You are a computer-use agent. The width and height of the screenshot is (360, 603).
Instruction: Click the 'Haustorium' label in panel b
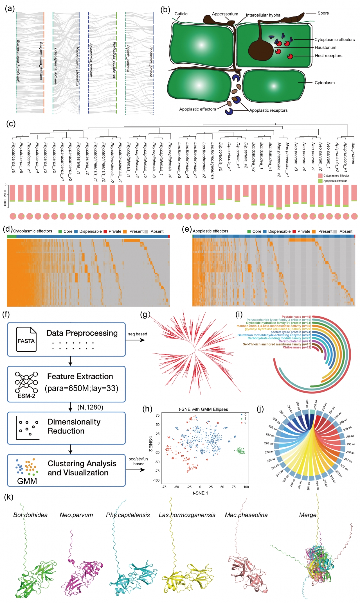tap(325, 48)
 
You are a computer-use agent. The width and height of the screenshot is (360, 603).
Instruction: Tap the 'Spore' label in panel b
tap(323, 13)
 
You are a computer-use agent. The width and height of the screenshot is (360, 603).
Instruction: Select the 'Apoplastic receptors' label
tap(268, 110)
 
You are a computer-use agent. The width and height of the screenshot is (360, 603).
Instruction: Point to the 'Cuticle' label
tap(181, 14)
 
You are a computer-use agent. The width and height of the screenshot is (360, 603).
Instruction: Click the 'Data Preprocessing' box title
tap(82, 333)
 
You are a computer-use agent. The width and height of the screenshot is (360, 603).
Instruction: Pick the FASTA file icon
tap(26, 339)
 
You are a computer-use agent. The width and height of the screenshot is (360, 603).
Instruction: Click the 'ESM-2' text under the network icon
tap(26, 396)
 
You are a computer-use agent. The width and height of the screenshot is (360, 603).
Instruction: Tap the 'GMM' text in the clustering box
tap(27, 481)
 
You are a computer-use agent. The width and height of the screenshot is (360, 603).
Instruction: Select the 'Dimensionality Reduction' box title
tap(74, 426)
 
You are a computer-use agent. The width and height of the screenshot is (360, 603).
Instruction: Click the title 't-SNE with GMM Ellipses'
tap(203, 409)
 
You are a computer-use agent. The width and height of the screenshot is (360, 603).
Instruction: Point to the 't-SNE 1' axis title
tap(200, 493)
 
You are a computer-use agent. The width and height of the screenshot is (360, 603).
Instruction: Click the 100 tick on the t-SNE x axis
tap(246, 487)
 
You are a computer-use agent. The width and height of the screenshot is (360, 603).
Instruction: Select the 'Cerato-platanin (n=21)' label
tap(294, 341)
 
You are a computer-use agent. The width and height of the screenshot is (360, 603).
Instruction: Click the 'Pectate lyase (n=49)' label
tap(296, 317)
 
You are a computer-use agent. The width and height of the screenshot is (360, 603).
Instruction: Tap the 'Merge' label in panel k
tap(308, 515)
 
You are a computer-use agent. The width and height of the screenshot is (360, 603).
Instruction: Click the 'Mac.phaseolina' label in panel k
tap(246, 515)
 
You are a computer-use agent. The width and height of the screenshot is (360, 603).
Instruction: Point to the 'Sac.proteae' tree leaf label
tap(354, 153)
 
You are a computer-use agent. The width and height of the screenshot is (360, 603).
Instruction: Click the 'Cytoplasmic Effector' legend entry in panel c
tap(336, 176)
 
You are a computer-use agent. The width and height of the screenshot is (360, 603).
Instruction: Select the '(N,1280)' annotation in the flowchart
tap(90, 407)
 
